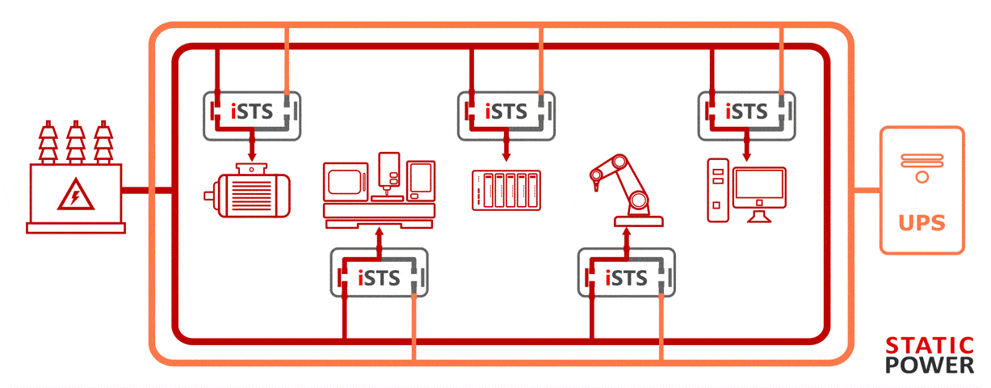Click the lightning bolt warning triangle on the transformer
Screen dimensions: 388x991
74,196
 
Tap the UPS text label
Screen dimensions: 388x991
922,222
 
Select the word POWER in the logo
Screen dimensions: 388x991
930,365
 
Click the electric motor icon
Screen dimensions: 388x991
246,191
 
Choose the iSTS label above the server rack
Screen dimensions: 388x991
506,111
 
